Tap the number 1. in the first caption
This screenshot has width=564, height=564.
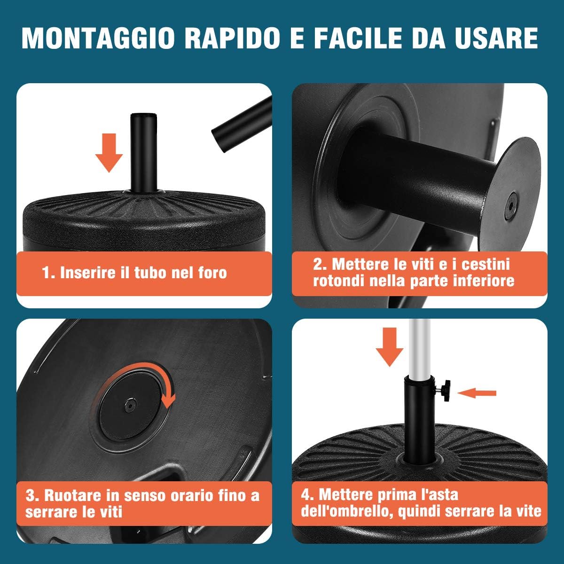(48, 273)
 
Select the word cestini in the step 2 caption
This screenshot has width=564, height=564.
(486, 264)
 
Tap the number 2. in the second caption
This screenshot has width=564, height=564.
(320, 264)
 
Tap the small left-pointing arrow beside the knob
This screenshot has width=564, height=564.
(477, 392)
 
